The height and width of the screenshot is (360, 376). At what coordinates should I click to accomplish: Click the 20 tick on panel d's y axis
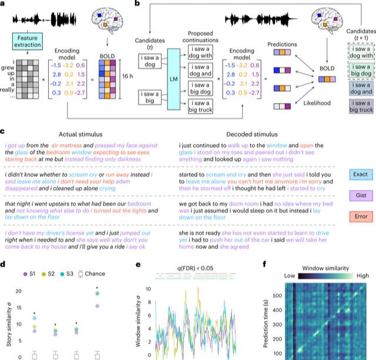[x=18, y=292]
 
